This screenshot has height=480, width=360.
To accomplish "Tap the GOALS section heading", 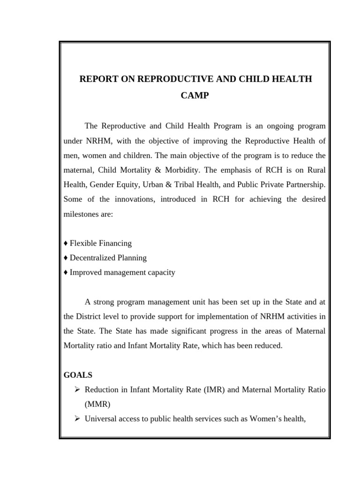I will (x=77, y=375).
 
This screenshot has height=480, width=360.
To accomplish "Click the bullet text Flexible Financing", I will (x=100, y=243).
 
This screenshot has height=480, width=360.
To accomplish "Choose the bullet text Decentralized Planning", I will (x=108, y=258).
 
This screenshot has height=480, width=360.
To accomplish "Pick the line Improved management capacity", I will (x=122, y=272).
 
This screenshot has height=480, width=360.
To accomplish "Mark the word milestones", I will (x=82, y=214).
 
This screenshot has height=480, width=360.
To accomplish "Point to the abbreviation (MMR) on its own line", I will (x=97, y=404).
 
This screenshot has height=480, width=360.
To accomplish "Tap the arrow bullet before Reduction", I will (x=78, y=390).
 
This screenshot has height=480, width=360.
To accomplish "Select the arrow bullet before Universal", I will (x=78, y=419).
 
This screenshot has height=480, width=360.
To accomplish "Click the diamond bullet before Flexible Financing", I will (x=66, y=243).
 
